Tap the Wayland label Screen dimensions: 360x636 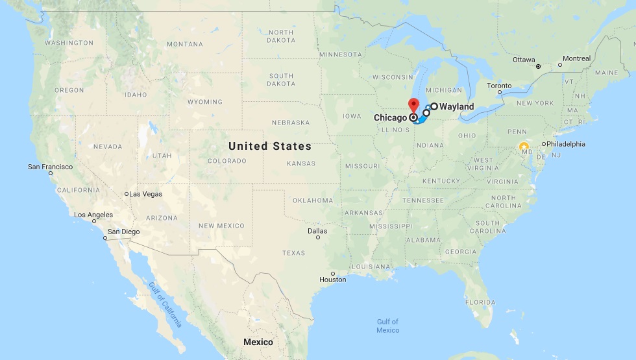[457, 106]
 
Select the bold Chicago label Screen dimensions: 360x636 [390, 118]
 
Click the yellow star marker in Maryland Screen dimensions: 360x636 [524, 147]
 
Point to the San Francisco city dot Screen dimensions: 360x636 [51, 173]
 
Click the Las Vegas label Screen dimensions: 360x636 [145, 194]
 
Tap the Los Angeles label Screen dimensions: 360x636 [93, 215]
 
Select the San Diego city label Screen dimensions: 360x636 [123, 232]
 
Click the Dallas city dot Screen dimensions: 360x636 [318, 237]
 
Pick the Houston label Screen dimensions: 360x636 [333, 280]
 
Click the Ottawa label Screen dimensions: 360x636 [524, 60]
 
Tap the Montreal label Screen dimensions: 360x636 [576, 58]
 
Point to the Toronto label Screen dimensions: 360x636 [499, 86]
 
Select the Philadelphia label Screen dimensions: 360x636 [566, 144]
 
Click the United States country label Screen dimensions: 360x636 [270, 146]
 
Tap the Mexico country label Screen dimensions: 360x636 [258, 342]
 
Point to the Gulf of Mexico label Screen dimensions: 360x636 [387, 326]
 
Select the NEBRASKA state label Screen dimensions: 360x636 [291, 123]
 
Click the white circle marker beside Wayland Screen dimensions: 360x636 [434, 106]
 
